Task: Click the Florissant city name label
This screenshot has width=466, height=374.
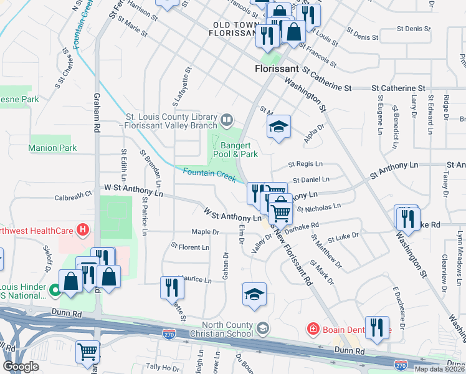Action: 278,70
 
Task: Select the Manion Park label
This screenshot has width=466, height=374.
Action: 52,148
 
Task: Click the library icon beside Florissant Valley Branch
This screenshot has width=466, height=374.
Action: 227,118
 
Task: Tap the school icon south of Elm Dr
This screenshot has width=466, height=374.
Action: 254,294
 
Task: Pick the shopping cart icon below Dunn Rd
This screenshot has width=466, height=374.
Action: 87,352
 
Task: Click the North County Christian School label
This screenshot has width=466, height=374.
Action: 227,329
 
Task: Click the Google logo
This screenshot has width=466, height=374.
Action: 21,367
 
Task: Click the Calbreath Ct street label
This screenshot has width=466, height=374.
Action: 73,194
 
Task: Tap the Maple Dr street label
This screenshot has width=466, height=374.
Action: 206,232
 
